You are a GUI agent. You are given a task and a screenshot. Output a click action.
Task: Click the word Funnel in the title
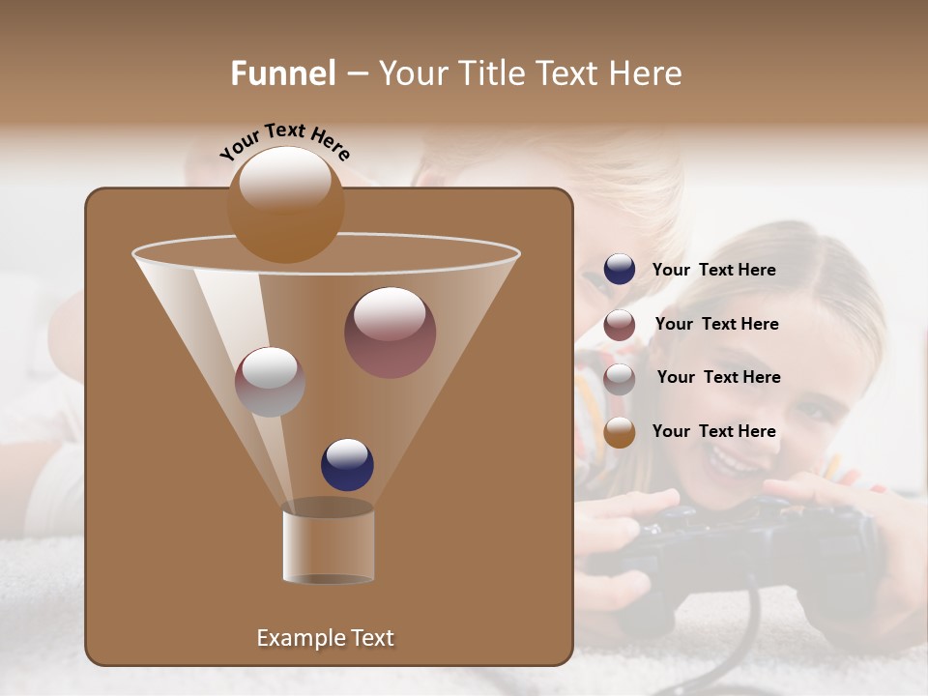[283, 73]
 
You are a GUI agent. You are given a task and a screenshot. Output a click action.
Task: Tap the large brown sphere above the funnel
[285, 205]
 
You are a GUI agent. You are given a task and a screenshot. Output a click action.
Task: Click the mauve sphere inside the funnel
[390, 333]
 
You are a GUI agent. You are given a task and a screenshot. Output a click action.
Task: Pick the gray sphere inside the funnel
[270, 382]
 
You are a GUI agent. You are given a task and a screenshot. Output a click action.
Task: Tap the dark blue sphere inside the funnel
[347, 465]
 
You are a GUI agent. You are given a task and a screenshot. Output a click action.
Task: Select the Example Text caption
[325, 638]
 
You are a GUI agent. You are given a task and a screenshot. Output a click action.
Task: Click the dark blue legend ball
[620, 269]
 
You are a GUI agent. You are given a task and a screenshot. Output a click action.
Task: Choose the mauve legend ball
[620, 324]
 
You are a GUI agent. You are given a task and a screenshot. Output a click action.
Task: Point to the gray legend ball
[620, 378]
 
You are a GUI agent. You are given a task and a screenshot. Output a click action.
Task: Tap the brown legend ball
[620, 431]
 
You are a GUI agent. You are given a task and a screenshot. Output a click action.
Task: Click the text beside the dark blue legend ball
[713, 270]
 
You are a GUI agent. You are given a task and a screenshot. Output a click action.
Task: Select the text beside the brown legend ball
[713, 431]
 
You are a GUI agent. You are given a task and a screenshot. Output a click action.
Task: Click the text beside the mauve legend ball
[716, 324]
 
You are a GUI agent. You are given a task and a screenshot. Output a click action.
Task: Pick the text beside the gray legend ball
[718, 377]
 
